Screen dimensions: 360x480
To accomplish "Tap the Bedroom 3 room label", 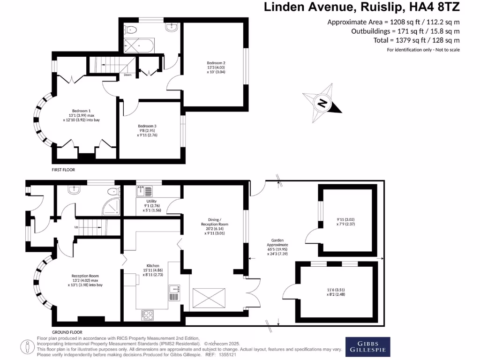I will point(147,126).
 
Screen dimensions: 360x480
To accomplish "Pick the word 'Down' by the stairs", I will point(127,75).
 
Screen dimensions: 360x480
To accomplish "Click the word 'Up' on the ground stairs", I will point(76,227).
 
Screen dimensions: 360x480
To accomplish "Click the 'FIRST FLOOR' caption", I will point(63,170).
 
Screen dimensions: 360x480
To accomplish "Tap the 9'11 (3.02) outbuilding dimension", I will point(346,218).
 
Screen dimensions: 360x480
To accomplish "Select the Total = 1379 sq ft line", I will point(411,41).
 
